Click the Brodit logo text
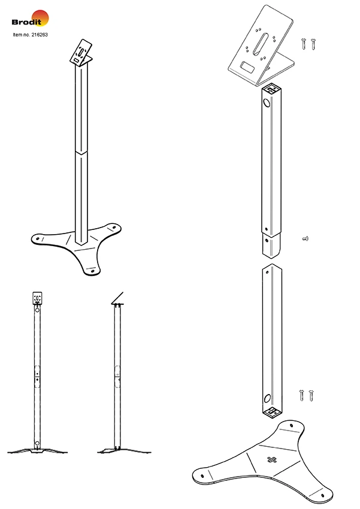(26, 22)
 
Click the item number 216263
(40, 35)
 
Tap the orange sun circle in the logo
(40, 18)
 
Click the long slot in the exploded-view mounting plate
(261, 43)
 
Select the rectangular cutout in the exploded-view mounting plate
(247, 68)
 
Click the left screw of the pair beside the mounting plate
(304, 44)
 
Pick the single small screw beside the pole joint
(305, 238)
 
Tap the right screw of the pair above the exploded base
(311, 395)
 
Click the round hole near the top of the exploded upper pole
(267, 103)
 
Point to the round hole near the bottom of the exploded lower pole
(267, 398)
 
